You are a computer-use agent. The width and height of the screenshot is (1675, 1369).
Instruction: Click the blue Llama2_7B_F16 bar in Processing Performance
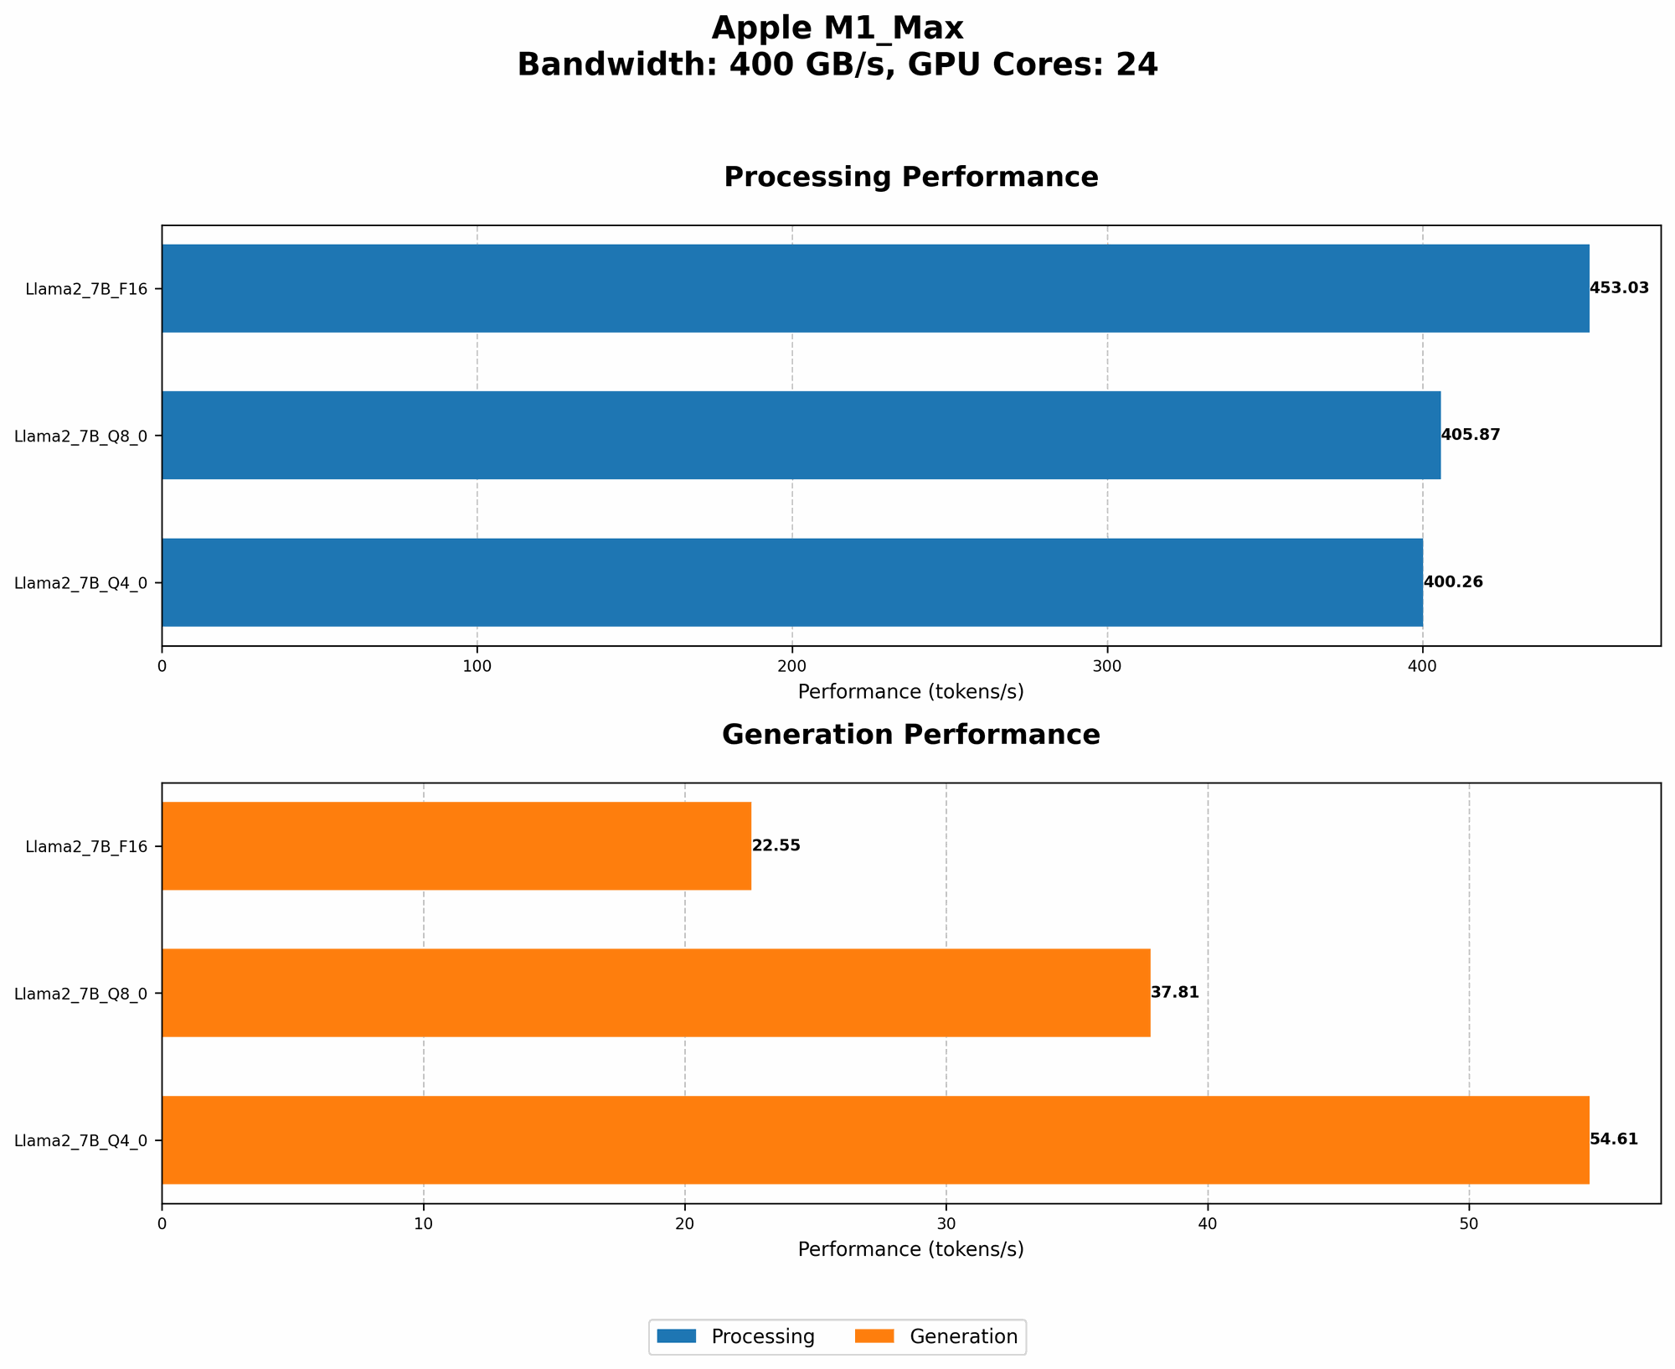pos(875,288)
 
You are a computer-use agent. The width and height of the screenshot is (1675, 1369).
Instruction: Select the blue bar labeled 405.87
pos(801,435)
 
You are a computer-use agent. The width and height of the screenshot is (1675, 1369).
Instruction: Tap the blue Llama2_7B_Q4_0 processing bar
pos(791,582)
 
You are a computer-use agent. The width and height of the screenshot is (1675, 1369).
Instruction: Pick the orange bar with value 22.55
pos(456,845)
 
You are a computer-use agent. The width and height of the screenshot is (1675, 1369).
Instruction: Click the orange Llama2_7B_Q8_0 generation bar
pos(656,993)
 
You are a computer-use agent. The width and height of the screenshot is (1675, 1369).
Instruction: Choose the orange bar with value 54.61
pos(875,1139)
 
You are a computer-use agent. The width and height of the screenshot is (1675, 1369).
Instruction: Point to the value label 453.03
pos(1619,288)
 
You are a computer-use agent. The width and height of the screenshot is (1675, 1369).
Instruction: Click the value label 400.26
pos(1453,582)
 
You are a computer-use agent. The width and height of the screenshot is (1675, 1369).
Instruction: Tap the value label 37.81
pos(1174,993)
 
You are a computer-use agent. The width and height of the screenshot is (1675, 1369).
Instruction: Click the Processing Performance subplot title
pos(910,178)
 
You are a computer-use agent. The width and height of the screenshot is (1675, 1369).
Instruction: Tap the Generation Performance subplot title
pos(910,736)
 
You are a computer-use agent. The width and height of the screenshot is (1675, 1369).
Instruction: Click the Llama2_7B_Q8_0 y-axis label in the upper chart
pos(81,436)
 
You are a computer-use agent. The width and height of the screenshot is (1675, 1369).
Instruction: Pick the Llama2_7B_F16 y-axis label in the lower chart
pos(86,846)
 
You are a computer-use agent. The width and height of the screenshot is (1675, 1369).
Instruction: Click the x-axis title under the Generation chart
pos(910,1249)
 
